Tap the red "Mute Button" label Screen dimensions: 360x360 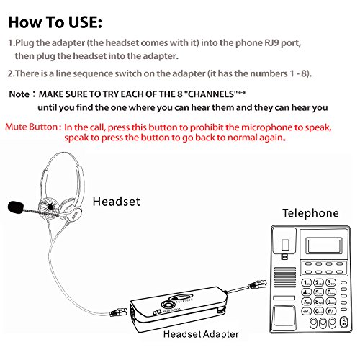34,127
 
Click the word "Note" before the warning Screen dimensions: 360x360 19,94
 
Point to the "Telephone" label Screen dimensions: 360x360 310,213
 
